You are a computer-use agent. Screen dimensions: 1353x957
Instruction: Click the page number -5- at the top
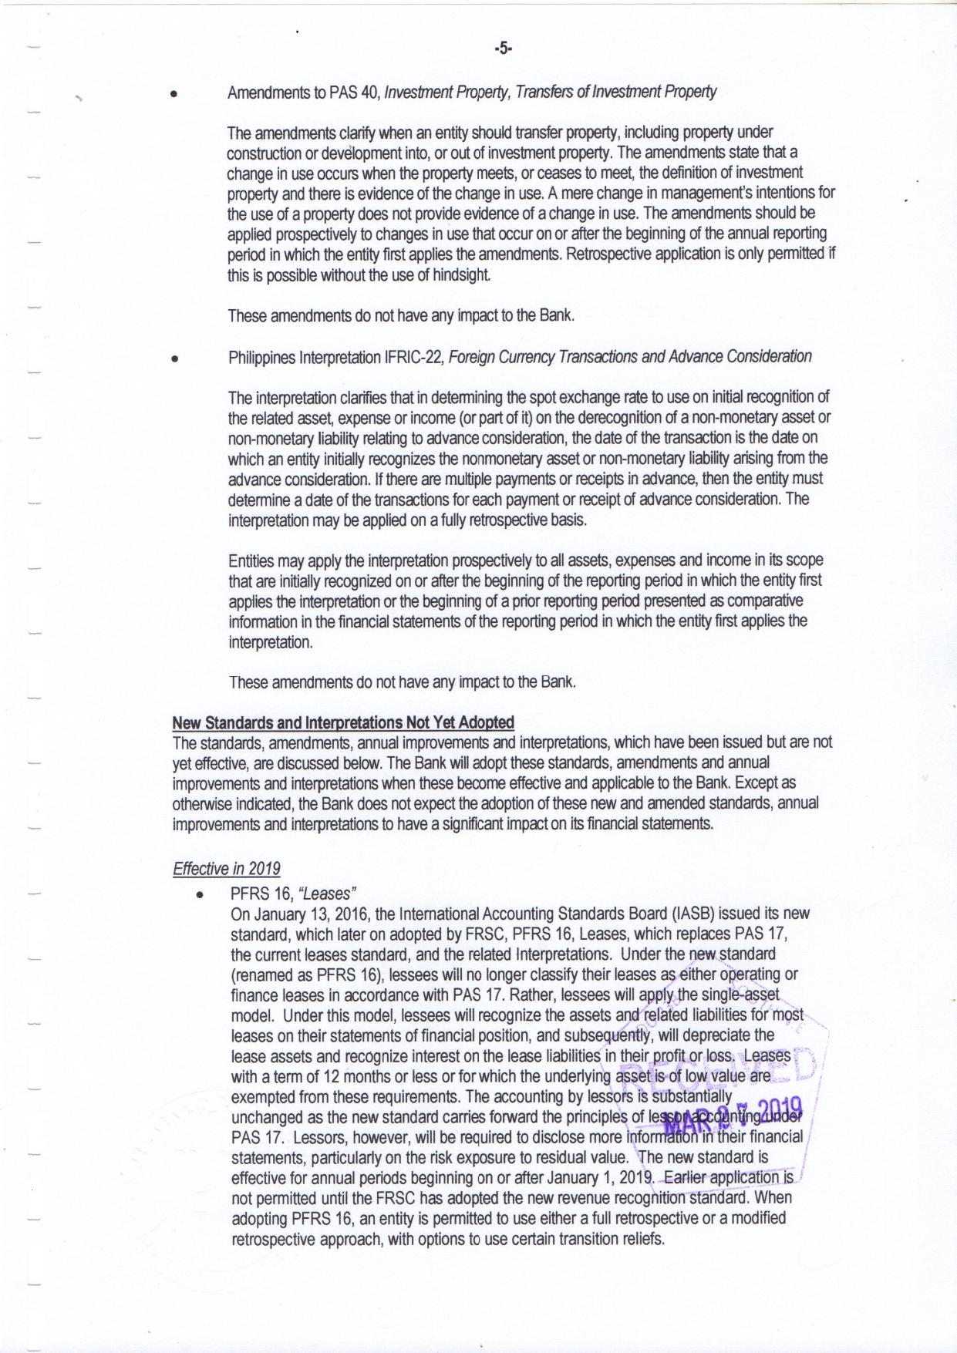click(x=503, y=49)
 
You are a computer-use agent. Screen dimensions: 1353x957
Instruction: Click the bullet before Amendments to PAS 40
click(x=175, y=93)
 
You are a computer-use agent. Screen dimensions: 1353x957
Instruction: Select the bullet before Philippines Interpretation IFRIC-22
click(x=176, y=358)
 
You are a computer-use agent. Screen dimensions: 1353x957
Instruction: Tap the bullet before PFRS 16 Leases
click(x=199, y=895)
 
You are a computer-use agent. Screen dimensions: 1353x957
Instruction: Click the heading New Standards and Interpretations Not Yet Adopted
click(x=342, y=722)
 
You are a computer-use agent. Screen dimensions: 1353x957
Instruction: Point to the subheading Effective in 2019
click(x=226, y=869)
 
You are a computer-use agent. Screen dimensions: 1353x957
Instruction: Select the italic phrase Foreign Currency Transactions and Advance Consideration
click(x=629, y=356)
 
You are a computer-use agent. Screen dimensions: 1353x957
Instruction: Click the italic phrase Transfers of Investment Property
click(x=616, y=93)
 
